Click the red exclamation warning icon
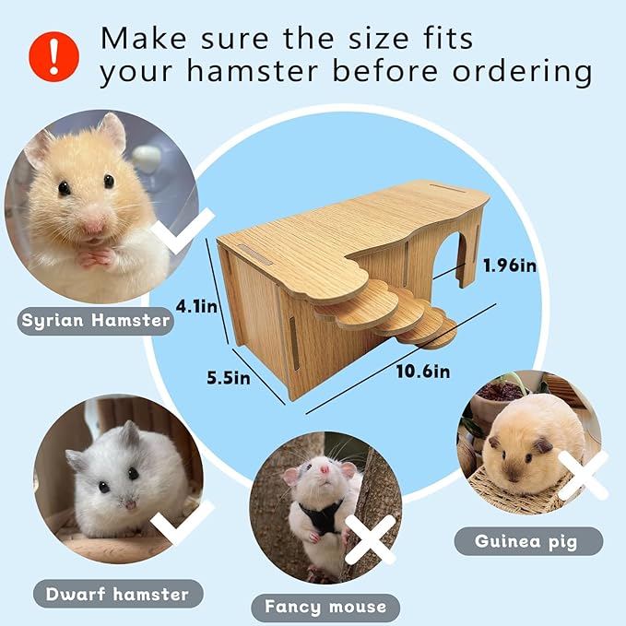pyautogui.click(x=53, y=54)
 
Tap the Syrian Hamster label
pyautogui.click(x=96, y=320)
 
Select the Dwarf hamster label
pyautogui.click(x=116, y=594)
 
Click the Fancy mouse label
pyautogui.click(x=325, y=606)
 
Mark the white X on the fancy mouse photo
pyautogui.click(x=371, y=539)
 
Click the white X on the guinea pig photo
pyautogui.click(x=583, y=475)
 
